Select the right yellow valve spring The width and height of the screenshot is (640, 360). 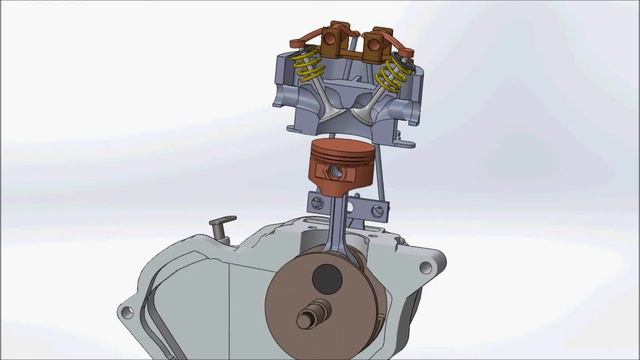pos(396,70)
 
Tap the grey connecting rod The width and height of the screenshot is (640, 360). pos(338,225)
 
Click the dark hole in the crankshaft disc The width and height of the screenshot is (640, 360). pos(327,281)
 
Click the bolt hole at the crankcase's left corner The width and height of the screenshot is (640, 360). pos(126,312)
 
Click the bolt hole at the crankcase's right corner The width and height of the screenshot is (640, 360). pos(428,268)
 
